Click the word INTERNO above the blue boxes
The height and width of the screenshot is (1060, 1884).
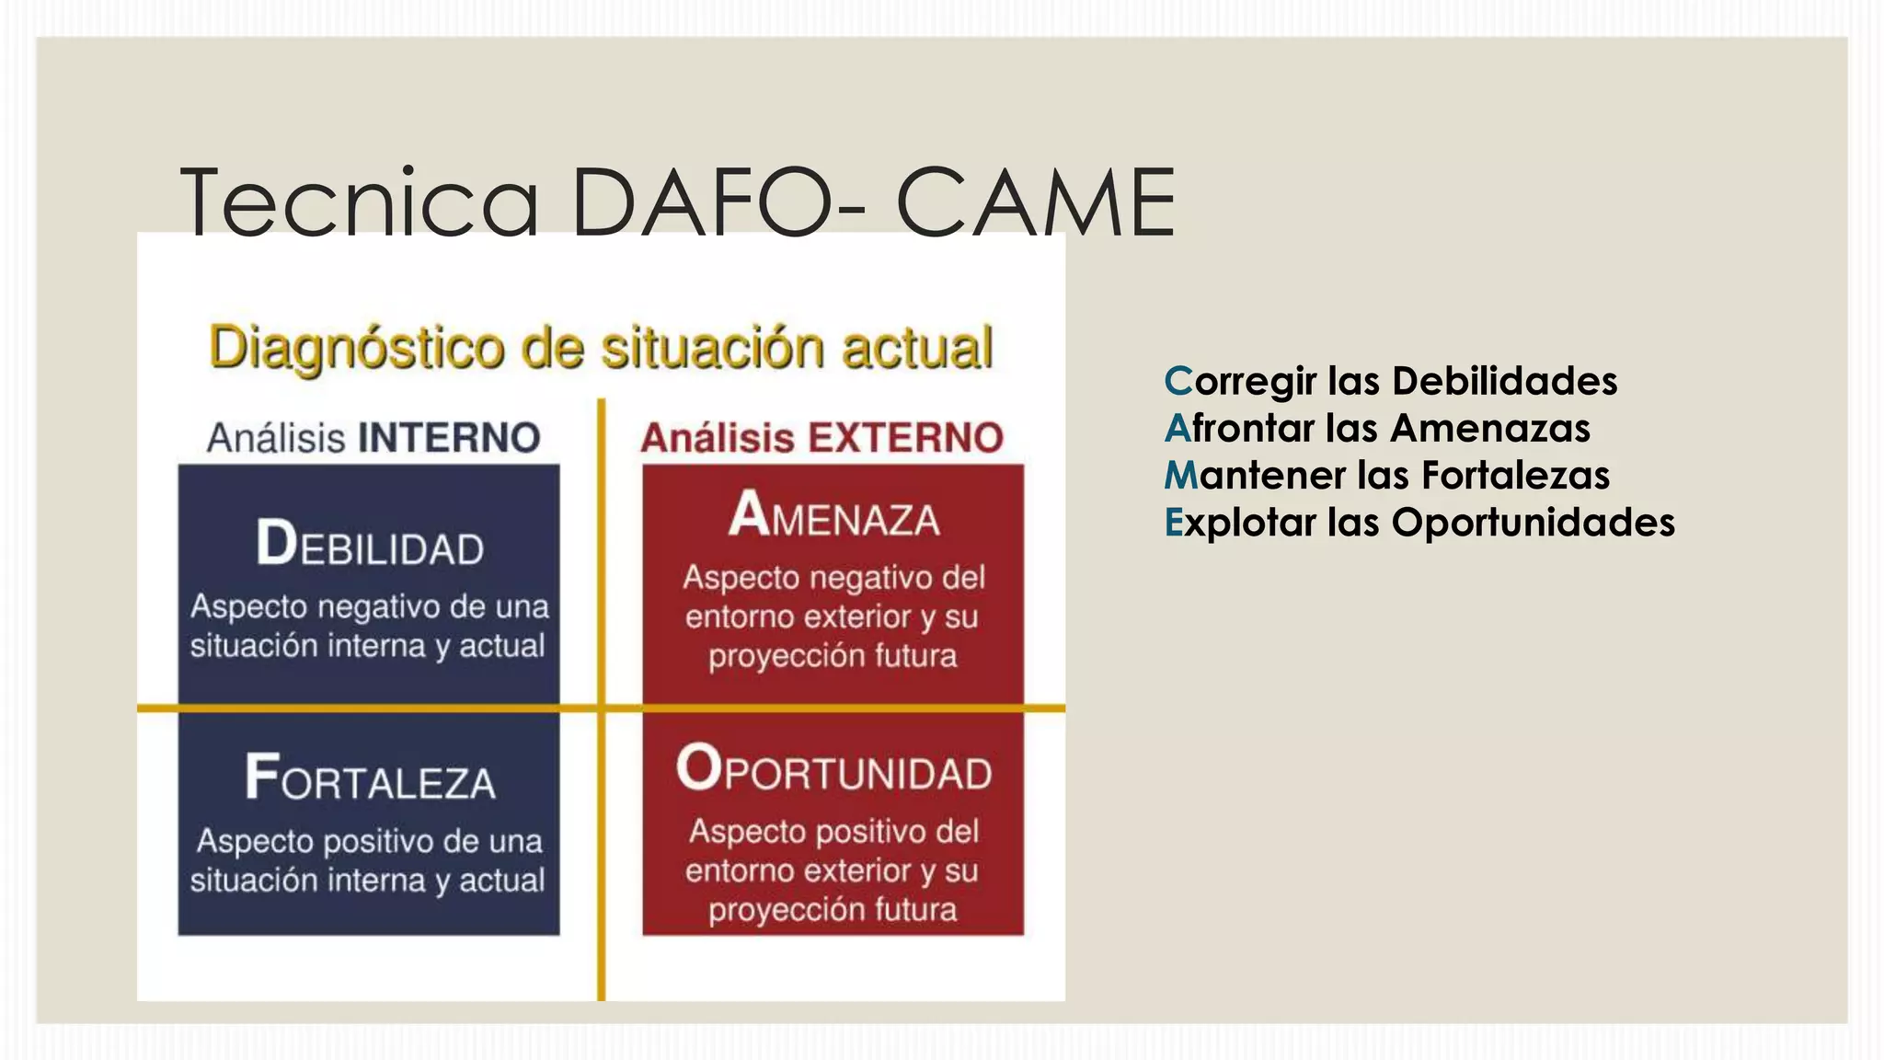pyautogui.click(x=449, y=438)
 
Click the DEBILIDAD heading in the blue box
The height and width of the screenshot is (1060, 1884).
pyautogui.click(x=370, y=544)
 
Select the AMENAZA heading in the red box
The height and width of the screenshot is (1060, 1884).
pyautogui.click(x=833, y=515)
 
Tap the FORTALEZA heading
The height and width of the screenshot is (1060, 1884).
pyautogui.click(x=370, y=778)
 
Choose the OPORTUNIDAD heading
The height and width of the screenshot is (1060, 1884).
pyautogui.click(x=833, y=769)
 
